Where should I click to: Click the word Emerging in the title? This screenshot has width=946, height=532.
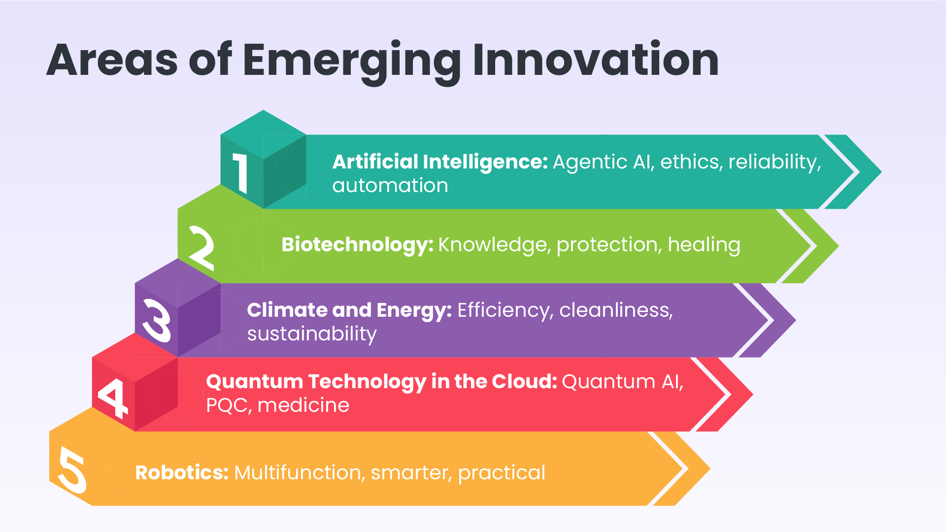tap(351, 61)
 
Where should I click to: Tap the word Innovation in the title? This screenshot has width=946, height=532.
tap(595, 60)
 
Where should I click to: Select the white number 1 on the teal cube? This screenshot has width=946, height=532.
tap(241, 173)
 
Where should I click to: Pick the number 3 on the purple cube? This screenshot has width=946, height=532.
tap(157, 321)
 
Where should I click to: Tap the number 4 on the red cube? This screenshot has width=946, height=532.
tap(113, 397)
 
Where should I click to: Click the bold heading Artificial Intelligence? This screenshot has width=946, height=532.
tap(439, 162)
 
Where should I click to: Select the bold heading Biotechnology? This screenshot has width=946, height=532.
tap(357, 245)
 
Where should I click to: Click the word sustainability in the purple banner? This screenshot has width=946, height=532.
tap(311, 334)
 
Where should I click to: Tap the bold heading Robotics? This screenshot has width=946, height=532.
tap(181, 473)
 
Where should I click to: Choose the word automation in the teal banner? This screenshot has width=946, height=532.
tap(390, 186)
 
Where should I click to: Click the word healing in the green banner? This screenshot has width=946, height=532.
tap(704, 245)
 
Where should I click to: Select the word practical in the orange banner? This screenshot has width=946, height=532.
tap(501, 473)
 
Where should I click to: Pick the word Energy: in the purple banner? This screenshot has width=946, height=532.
tap(413, 310)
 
